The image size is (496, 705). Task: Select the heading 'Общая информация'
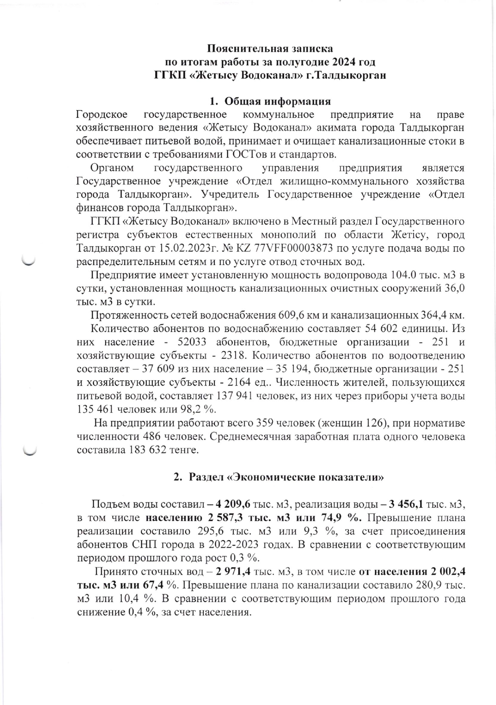(278, 101)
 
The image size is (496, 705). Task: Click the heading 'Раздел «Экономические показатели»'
(286, 477)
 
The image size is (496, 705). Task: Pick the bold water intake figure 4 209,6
(232, 504)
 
